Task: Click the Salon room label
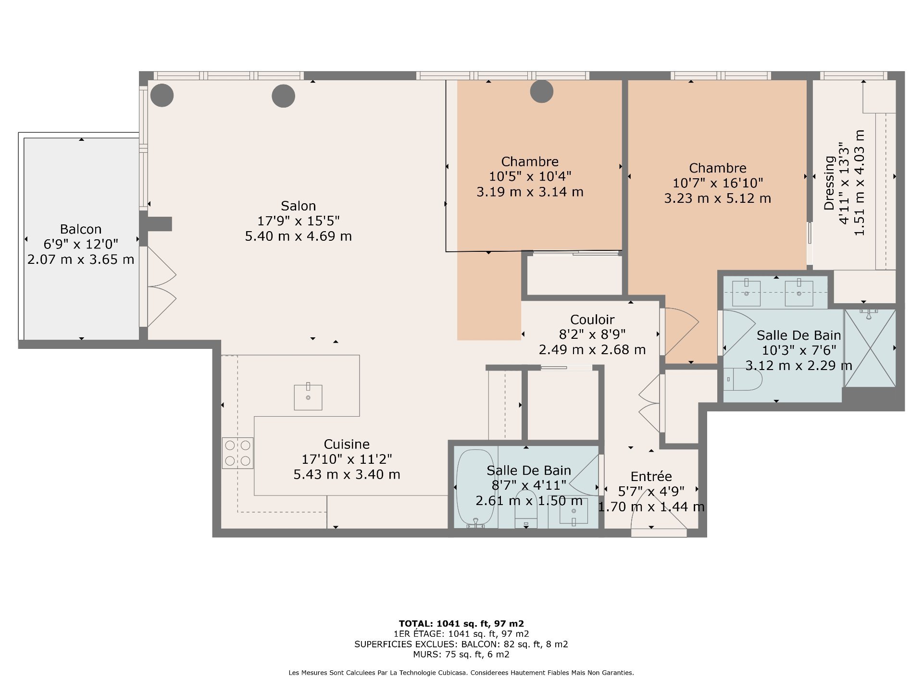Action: (298, 206)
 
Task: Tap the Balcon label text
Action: (81, 229)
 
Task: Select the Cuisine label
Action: (347, 445)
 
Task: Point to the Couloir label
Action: (592, 320)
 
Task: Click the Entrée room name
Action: (651, 476)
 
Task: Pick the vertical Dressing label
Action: (829, 183)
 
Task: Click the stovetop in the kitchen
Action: (237, 453)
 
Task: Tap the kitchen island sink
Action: (308, 397)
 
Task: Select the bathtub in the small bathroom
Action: (475, 489)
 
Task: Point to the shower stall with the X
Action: (870, 348)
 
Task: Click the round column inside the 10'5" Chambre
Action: (541, 91)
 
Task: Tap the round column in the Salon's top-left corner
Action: (162, 96)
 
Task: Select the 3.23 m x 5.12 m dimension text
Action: (718, 198)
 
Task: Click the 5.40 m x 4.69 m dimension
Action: (299, 236)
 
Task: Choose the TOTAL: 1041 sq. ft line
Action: (461, 624)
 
